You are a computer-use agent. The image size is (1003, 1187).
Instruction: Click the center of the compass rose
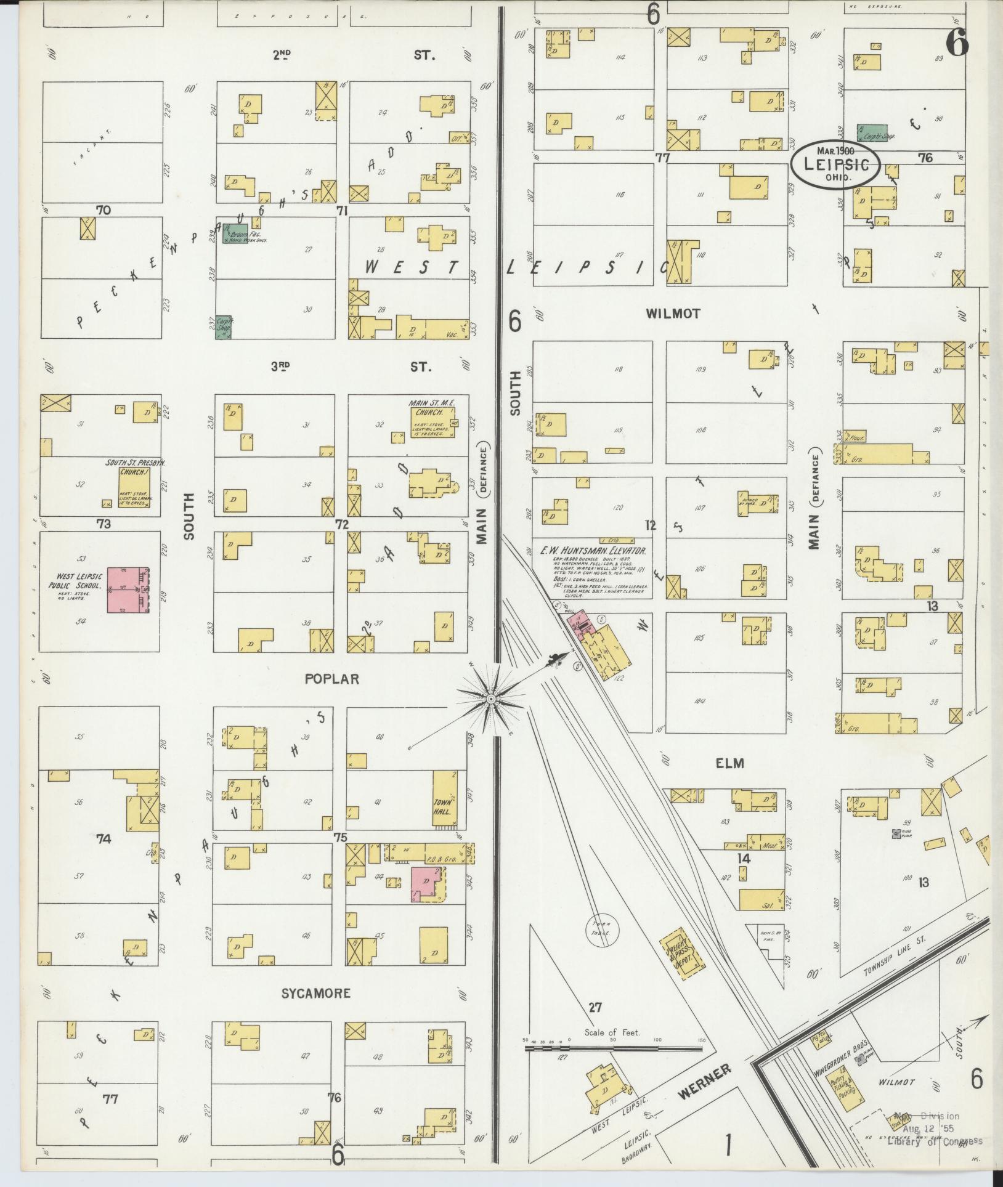point(491,699)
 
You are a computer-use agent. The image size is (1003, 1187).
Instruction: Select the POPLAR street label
point(331,679)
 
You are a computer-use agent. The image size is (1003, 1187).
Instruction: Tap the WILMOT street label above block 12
point(673,314)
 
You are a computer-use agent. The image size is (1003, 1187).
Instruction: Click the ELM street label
point(730,763)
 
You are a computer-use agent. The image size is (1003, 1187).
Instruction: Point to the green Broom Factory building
point(235,233)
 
